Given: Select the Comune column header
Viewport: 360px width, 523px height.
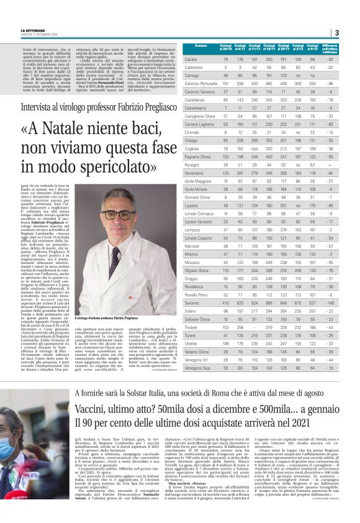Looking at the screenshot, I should click(x=200, y=47).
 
